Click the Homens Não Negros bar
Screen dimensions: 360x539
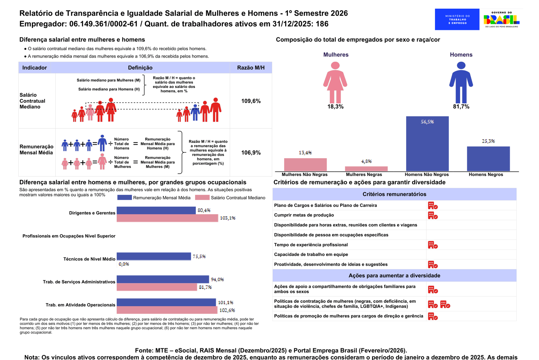[x=427, y=144]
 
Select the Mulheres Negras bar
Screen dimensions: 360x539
[x=366, y=169]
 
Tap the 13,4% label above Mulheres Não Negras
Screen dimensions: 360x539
[x=305, y=153]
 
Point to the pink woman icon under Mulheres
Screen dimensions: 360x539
[x=335, y=82]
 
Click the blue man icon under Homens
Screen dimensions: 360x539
[x=461, y=82]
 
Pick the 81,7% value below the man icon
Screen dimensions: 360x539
[x=461, y=107]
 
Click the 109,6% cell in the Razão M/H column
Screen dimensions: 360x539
[x=251, y=101]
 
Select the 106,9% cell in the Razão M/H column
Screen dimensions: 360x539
[x=251, y=153]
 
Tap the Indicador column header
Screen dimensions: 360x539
[x=34, y=68]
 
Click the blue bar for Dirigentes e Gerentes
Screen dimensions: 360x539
[x=156, y=210]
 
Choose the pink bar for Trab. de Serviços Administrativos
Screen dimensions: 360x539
[x=157, y=287]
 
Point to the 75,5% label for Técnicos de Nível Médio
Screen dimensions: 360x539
[x=199, y=256]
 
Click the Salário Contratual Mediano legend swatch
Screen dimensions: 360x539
[x=202, y=198]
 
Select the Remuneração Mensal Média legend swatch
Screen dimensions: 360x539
[x=124, y=198]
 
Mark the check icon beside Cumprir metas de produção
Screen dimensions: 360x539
[x=433, y=215]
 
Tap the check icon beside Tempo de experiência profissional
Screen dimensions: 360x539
[x=433, y=245]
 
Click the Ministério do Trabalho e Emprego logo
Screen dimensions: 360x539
[x=457, y=19]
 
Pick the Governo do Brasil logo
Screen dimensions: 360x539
[x=501, y=19]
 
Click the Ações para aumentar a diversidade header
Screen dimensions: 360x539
[x=394, y=275]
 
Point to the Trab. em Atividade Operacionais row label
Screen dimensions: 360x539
[x=80, y=305]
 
